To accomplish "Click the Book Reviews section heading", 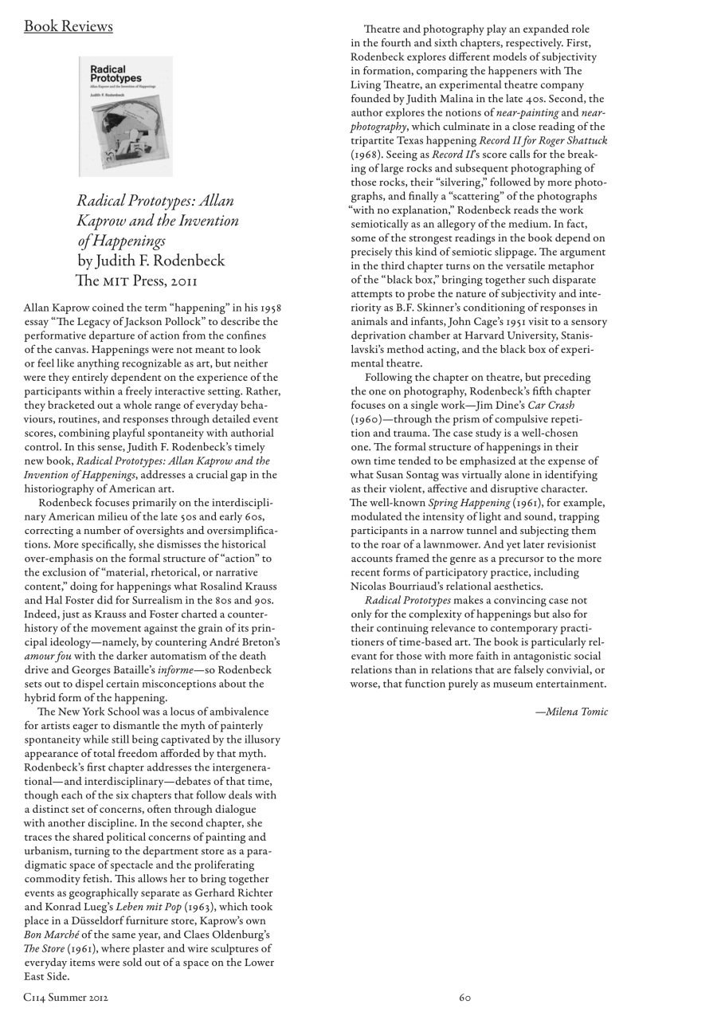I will pyautogui.click(x=69, y=26).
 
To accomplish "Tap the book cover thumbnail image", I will pyautogui.click(x=126, y=116).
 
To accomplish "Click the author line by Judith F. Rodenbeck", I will pyautogui.click(x=151, y=261).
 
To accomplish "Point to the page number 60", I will pyautogui.click(x=465, y=997).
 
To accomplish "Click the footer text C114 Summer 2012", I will pyautogui.click(x=66, y=997).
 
